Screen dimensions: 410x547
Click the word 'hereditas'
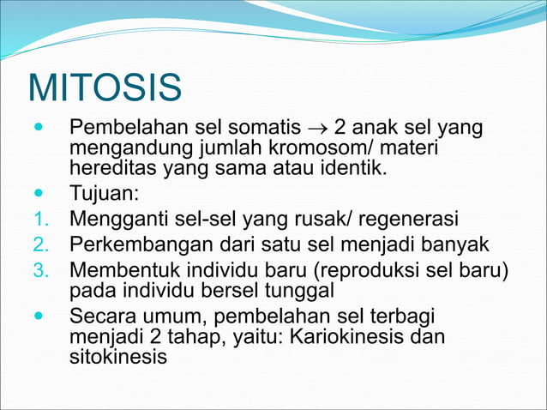(110, 166)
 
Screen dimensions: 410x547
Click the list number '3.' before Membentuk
(42, 271)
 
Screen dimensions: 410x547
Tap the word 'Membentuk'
(123, 271)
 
